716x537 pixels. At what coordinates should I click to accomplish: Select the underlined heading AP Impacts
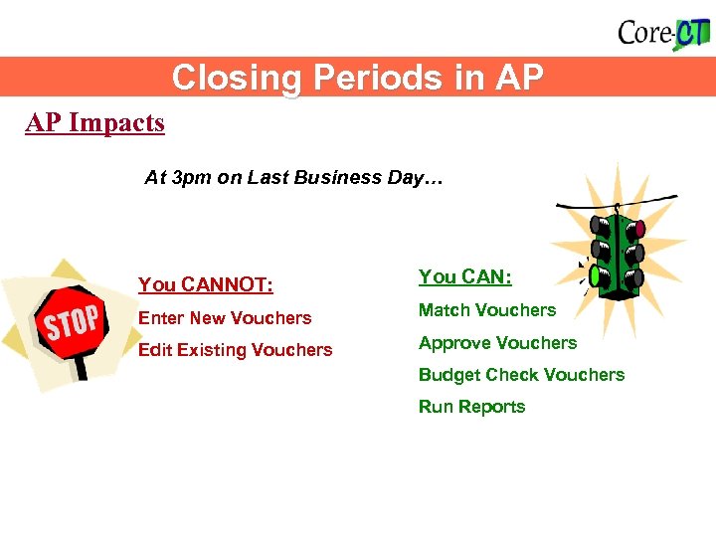(x=95, y=123)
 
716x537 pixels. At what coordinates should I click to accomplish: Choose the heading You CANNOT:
(x=206, y=285)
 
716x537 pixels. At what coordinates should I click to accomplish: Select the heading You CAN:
(x=465, y=277)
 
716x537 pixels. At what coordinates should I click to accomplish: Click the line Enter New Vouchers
(x=225, y=318)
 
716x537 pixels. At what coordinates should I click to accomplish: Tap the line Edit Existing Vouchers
(x=236, y=350)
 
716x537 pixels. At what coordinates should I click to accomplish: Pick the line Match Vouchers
(x=487, y=310)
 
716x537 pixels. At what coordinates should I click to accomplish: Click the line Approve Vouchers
(x=497, y=343)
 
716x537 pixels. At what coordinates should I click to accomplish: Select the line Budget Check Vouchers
(x=521, y=375)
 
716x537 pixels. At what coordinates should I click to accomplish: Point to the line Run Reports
(x=471, y=407)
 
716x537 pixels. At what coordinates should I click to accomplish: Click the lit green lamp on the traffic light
(x=596, y=274)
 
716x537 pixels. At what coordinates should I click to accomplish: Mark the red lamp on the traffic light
(x=637, y=229)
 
